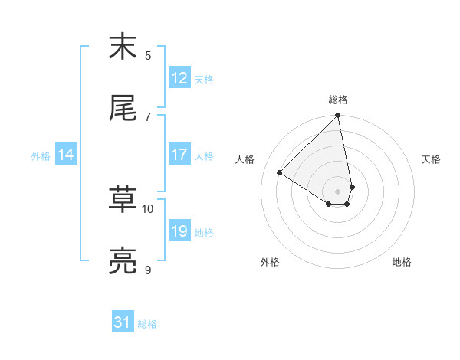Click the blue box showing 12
[x=179, y=78]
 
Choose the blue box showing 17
[x=179, y=155]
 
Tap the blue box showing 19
[x=179, y=231]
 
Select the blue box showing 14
[x=66, y=155]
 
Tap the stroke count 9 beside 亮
[x=148, y=270]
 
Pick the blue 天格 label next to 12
[x=204, y=79]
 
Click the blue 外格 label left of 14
[x=41, y=155]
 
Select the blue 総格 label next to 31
[x=147, y=323]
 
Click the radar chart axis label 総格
[x=338, y=100]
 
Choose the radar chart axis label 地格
[x=402, y=262]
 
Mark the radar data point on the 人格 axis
[x=280, y=172]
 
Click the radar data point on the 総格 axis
[x=338, y=116]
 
